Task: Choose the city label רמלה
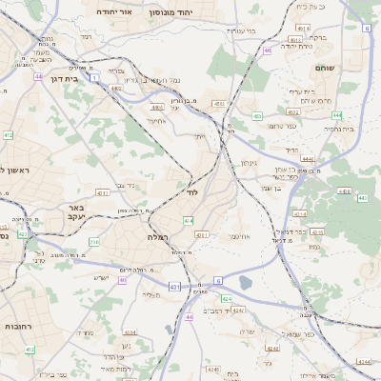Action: click(158, 235)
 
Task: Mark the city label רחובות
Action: click(19, 326)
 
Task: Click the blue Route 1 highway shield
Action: click(95, 76)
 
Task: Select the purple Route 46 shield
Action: click(269, 50)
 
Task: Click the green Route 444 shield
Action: click(336, 114)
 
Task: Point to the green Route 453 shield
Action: click(257, 116)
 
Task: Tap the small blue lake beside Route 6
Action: click(246, 283)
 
